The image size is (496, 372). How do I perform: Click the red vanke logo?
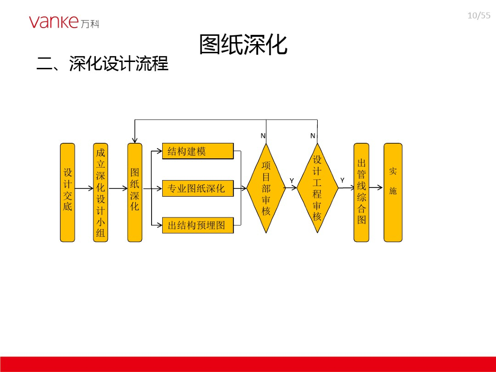(x=64, y=22)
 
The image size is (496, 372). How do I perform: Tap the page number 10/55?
(x=479, y=15)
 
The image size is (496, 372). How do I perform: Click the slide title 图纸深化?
(x=243, y=45)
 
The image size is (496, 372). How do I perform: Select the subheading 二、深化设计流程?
(x=103, y=63)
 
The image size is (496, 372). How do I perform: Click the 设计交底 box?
(x=67, y=192)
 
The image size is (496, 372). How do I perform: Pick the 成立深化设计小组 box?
(x=101, y=192)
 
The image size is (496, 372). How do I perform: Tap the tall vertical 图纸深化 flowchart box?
(x=135, y=192)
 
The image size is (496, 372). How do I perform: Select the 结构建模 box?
(x=198, y=151)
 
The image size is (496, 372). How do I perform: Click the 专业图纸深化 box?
(x=198, y=188)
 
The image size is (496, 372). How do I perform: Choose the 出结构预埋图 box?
(x=198, y=225)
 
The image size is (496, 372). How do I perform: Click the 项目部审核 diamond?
(x=266, y=188)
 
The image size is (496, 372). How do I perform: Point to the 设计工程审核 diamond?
(x=317, y=188)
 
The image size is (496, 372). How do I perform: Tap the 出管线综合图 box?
(x=361, y=192)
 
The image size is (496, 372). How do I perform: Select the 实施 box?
(x=393, y=192)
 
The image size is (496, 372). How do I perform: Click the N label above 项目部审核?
(x=263, y=136)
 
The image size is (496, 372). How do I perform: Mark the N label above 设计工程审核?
(x=313, y=136)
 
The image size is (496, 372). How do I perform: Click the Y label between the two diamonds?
(x=292, y=181)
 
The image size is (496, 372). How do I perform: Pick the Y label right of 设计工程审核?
(x=342, y=180)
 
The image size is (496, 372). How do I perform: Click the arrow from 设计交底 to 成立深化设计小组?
(x=84, y=188)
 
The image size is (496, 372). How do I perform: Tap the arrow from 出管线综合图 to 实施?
(x=376, y=187)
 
